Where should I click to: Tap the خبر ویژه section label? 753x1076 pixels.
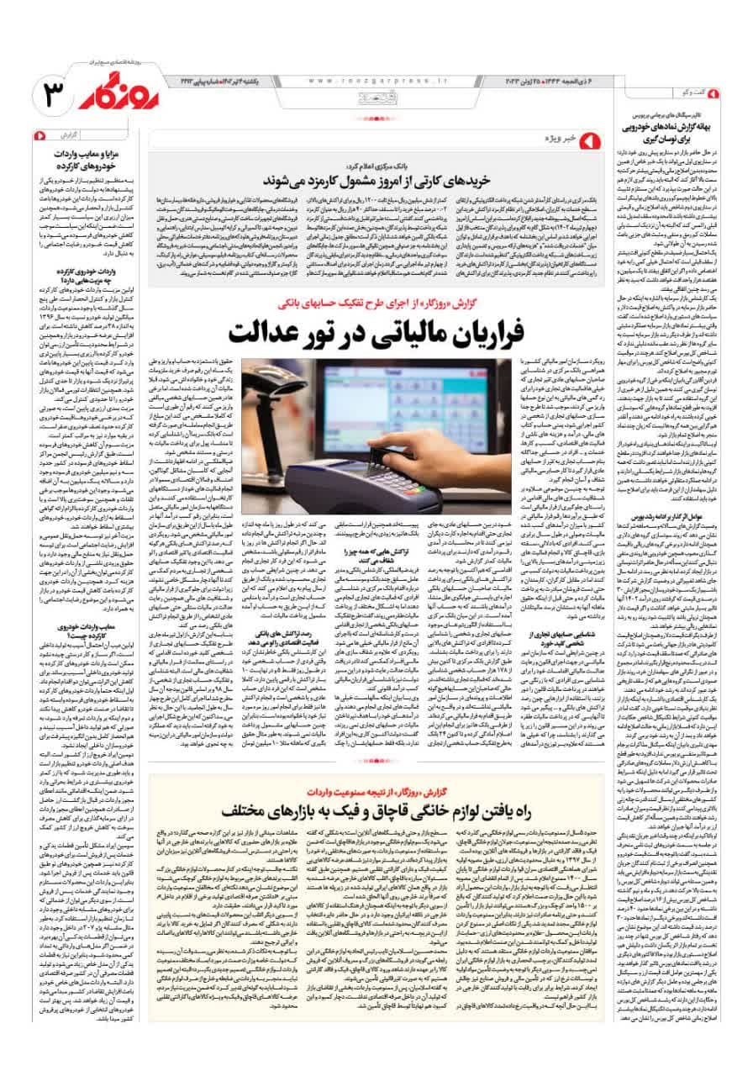563,136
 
